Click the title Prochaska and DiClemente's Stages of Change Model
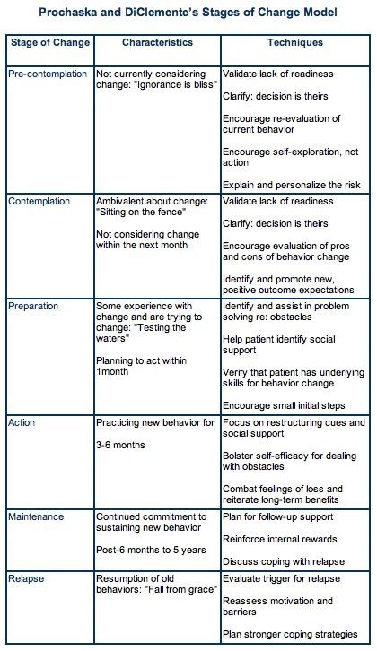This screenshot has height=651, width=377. pos(188,14)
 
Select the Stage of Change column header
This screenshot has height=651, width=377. pos(48,42)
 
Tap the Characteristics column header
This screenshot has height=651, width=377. pos(156,42)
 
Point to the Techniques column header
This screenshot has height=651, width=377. pos(295,42)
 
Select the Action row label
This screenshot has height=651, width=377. pos(23,422)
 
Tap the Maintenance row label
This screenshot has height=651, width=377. pos(37,517)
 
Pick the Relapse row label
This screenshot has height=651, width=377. pos(27,580)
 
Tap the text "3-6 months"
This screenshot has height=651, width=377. pos(123,444)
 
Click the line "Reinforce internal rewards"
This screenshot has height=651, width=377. pos(279,539)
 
